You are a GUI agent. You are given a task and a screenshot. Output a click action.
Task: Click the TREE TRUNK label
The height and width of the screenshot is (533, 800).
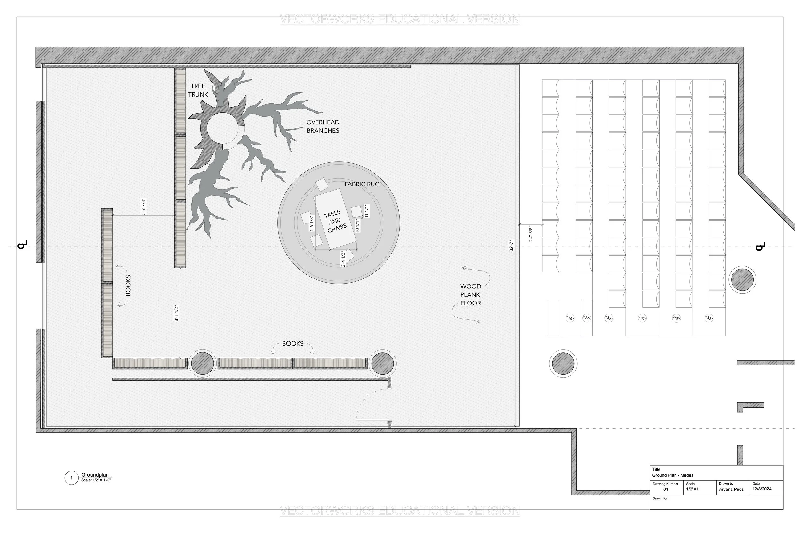(198, 90)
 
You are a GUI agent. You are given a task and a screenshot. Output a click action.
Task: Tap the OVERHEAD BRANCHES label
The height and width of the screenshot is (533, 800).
(323, 126)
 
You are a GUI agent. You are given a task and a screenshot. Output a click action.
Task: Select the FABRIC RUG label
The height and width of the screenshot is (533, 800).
(362, 184)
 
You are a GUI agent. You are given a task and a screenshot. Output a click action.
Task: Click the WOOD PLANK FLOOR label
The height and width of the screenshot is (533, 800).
(470, 295)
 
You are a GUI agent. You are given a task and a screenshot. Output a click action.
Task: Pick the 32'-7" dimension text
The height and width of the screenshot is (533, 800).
(511, 246)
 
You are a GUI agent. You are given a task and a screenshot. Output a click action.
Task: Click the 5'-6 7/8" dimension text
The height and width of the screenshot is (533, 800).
(144, 207)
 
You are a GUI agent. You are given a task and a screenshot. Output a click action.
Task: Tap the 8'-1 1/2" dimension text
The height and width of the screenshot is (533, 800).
(177, 313)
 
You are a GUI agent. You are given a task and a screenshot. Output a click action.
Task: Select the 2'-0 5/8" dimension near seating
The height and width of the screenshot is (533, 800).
(531, 234)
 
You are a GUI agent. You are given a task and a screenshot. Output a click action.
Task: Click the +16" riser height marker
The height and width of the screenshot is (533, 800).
(570, 318)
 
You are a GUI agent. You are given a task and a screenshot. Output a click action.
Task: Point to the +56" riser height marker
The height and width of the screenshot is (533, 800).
(709, 318)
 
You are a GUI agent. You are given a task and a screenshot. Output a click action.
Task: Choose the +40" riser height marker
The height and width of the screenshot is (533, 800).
(642, 318)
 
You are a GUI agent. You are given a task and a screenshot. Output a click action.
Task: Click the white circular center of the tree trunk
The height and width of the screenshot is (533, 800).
(222, 129)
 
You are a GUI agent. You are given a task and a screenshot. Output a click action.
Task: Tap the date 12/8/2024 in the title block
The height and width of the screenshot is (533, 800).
(762, 489)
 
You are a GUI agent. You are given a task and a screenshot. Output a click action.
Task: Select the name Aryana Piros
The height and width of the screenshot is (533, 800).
(731, 490)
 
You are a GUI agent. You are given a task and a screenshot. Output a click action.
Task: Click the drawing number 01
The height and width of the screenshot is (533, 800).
(666, 490)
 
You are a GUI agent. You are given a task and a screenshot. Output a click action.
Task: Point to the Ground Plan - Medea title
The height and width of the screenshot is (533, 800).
(673, 475)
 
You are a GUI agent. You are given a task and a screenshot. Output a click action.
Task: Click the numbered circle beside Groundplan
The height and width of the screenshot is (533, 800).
(71, 478)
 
